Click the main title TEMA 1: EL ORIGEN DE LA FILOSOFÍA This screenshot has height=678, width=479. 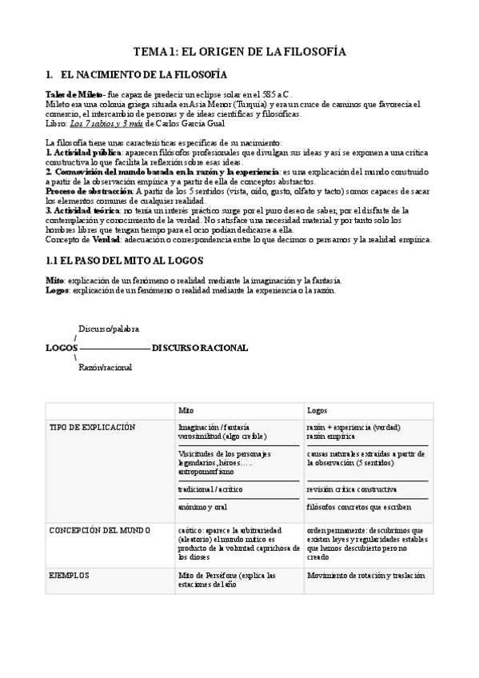coord(239,51)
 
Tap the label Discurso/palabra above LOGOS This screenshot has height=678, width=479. coord(109,329)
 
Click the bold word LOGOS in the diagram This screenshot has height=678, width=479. coord(62,348)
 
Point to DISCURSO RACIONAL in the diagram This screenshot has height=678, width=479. coord(200,348)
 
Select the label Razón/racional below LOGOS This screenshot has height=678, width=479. coord(106,367)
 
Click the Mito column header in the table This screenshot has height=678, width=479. coord(186,409)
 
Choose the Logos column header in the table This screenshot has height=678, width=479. coord(317,409)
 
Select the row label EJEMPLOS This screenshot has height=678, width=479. coord(70,576)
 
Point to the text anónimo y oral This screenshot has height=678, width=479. coord(204,507)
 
